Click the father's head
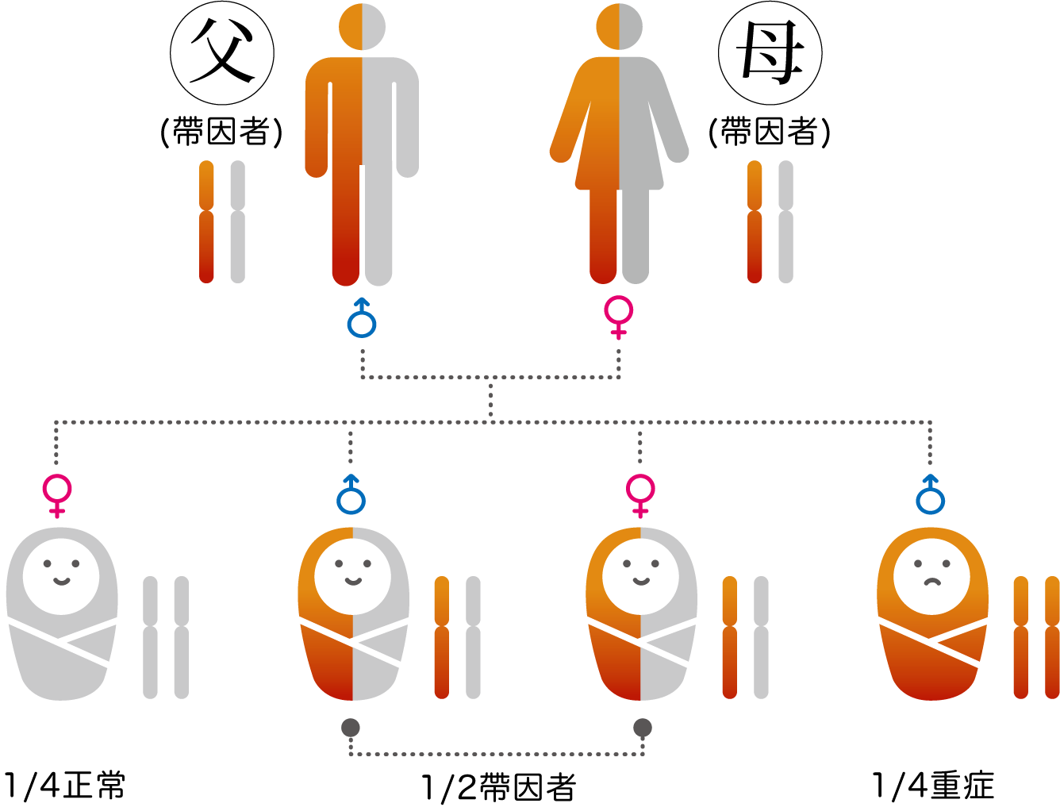tap(362, 26)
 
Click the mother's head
tap(619, 26)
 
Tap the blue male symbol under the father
tap(362, 320)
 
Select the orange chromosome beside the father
tap(206, 221)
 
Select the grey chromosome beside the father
tap(237, 221)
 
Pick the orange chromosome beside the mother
tap(755, 221)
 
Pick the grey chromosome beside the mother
tap(785, 221)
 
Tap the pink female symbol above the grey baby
tap(57, 494)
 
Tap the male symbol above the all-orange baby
tap(931, 496)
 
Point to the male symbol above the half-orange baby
tap(351, 496)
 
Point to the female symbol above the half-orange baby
tap(640, 494)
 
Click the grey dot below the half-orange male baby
tap(351, 728)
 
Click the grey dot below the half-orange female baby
tap(643, 728)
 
